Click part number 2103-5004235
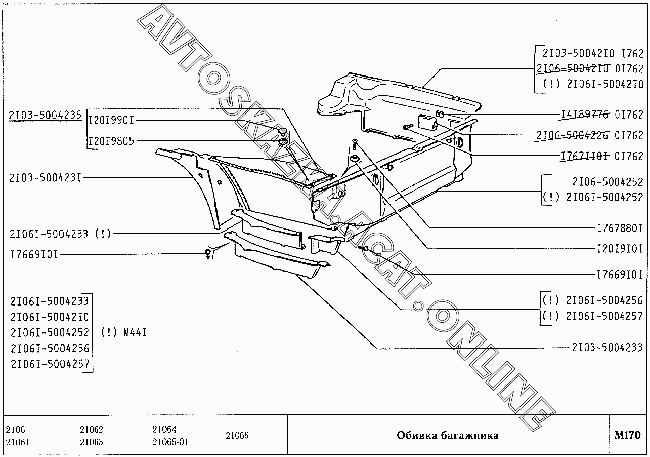pyautogui.click(x=45, y=116)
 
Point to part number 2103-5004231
pyautogui.click(x=45, y=178)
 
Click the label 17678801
pyautogui.click(x=620, y=228)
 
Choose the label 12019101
pyautogui.click(x=620, y=249)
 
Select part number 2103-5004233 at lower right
pyautogui.click(x=607, y=348)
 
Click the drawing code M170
pyautogui.click(x=627, y=435)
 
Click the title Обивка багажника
pyautogui.click(x=447, y=436)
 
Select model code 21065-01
pyautogui.click(x=170, y=442)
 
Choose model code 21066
pyautogui.click(x=237, y=436)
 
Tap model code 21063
pyautogui.click(x=92, y=442)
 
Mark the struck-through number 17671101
pyautogui.click(x=585, y=156)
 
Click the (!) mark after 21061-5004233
pyautogui.click(x=103, y=234)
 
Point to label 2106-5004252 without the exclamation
pyautogui.click(x=608, y=182)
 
